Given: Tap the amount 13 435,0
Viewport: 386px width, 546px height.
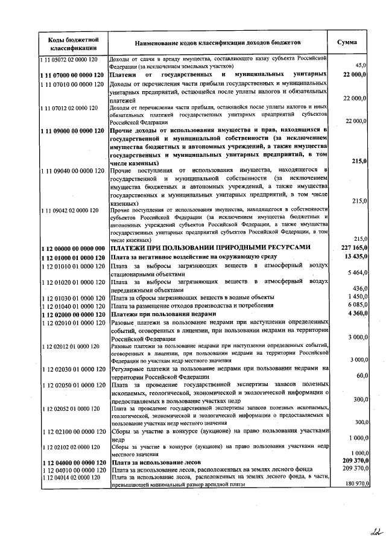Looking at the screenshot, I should [x=355, y=256].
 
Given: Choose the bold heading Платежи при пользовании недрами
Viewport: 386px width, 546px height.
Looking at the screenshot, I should [x=163, y=314].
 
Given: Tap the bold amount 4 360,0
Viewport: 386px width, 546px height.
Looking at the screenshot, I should [x=356, y=314].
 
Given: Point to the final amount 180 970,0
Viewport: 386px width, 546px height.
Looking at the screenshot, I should [x=353, y=484].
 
